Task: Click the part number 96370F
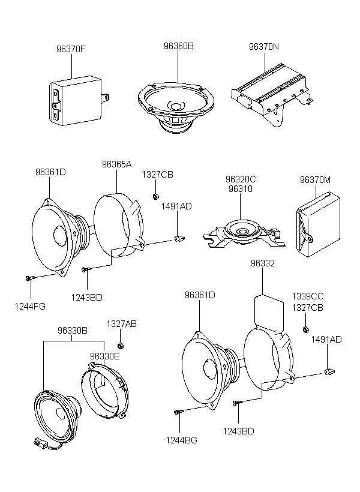[71, 49]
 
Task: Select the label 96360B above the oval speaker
[179, 46]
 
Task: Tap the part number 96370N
[263, 47]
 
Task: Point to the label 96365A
[116, 164]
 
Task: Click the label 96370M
[315, 180]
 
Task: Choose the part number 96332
[262, 263]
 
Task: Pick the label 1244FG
[30, 307]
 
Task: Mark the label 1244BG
[181, 440]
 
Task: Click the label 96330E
[105, 356]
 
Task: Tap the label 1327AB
[121, 324]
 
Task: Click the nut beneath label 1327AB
[119, 346]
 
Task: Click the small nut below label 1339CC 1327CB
[305, 329]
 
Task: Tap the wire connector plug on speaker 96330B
[39, 442]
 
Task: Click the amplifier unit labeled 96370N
[271, 94]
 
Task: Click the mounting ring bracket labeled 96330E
[104, 391]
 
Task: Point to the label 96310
[241, 189]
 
